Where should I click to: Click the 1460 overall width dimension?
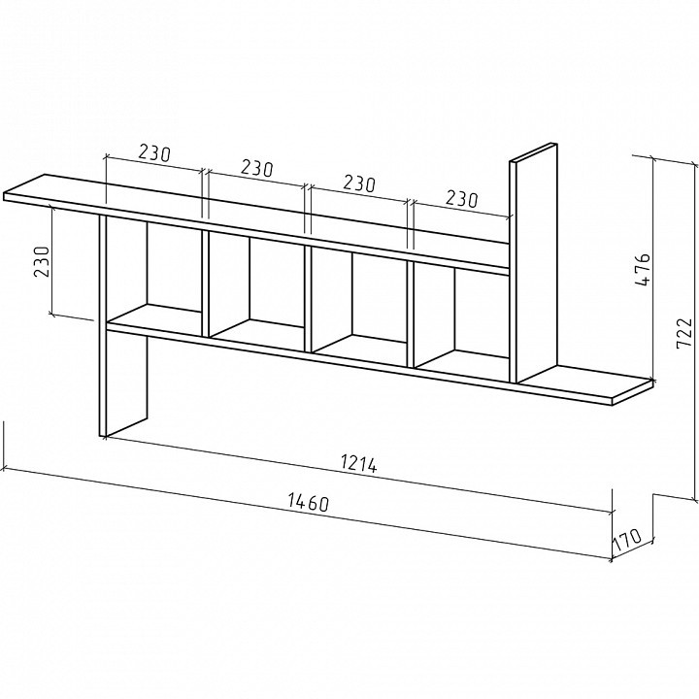(x=309, y=502)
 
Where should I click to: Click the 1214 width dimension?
(x=359, y=463)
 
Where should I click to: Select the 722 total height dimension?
(x=684, y=333)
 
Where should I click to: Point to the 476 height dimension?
(x=643, y=270)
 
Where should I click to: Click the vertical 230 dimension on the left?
(x=42, y=261)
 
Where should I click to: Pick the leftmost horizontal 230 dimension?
(x=154, y=153)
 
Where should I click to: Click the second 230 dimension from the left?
(x=256, y=168)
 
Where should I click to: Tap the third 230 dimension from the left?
(x=359, y=183)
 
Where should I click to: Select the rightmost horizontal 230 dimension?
(x=461, y=199)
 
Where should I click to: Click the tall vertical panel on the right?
(x=534, y=263)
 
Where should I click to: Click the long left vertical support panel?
(x=123, y=325)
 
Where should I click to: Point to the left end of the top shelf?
(x=6, y=197)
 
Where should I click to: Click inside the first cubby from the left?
(x=153, y=272)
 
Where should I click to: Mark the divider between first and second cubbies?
(x=206, y=283)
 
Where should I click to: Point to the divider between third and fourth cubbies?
(x=411, y=315)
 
